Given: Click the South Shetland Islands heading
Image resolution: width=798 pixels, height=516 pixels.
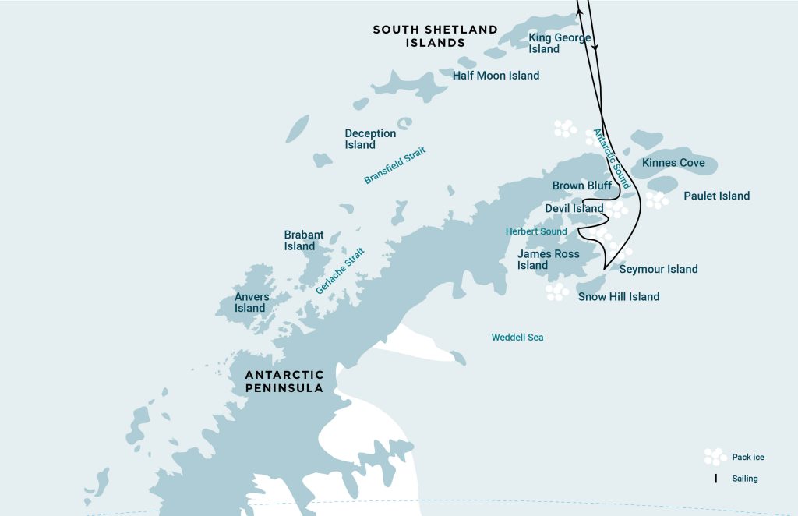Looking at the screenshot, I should tap(435, 36).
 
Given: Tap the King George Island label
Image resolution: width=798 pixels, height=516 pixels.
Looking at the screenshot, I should tap(560, 43).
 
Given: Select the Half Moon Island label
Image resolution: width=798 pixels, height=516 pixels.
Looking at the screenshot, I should tap(496, 76).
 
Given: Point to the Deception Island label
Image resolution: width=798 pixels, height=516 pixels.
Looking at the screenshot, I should tap(370, 139).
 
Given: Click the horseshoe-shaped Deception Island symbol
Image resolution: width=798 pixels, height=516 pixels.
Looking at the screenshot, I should tap(404, 124).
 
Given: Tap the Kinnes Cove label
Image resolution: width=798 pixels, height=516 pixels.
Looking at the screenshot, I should tap(673, 163).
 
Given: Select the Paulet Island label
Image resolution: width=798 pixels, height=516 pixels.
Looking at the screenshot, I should tap(716, 196).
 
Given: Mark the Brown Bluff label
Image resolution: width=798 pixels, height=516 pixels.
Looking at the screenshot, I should tap(581, 186).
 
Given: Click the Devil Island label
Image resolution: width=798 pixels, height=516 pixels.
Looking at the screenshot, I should tap(574, 208).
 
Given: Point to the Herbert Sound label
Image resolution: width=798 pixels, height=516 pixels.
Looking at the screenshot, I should tap(536, 231).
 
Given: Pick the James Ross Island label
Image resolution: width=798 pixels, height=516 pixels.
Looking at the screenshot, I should tap(548, 260).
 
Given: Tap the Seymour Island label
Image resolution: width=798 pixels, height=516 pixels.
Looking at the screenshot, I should tap(658, 270).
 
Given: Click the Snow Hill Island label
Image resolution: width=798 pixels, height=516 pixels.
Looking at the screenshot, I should tap(618, 296).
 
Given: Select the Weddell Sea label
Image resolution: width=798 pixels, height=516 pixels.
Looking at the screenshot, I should tap(517, 338).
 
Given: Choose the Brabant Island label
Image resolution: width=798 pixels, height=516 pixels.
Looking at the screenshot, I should tap(303, 240).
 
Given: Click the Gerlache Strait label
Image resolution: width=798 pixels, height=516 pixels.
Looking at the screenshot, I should tap(340, 271).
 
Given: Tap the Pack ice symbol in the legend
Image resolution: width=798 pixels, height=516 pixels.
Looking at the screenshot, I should tap(715, 457).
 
